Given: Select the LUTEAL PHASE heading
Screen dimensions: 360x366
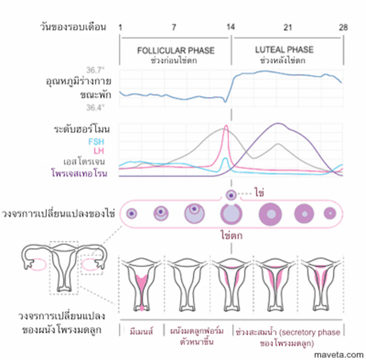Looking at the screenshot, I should click(284, 50).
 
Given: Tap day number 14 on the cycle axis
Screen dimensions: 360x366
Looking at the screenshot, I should click(231, 28).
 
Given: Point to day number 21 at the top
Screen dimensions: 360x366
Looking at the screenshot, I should click(287, 28).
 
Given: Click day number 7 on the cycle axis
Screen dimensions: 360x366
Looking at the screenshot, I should click(173, 28).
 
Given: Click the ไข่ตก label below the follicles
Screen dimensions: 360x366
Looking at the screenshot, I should click(232, 236).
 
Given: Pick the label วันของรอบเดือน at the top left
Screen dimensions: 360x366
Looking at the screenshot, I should click(74, 28).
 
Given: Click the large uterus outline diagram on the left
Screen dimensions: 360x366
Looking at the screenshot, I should click(64, 264).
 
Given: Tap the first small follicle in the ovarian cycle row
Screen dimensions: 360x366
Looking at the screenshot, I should click(132, 213).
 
